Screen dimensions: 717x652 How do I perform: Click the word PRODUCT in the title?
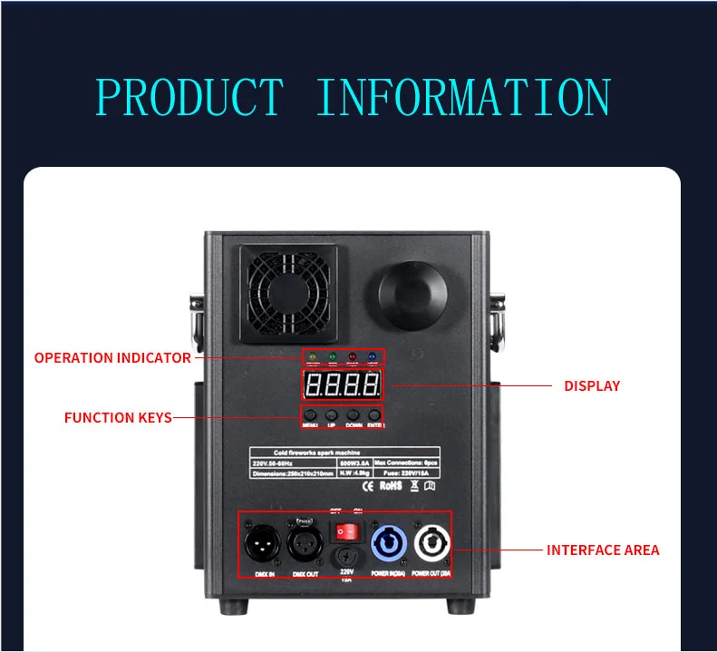pos(189,97)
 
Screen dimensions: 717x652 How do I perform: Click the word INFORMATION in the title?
pos(463,97)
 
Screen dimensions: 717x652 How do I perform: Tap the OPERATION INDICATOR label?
pos(112,357)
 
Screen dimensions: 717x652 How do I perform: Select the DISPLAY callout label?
pos(592,386)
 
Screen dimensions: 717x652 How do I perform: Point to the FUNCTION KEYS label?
pos(118,418)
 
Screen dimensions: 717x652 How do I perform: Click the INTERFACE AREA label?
pos(603,550)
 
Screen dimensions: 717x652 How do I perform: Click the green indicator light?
pos(332,356)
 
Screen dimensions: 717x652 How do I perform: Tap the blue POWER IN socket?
pos(388,546)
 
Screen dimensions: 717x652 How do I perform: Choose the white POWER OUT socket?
pos(431,546)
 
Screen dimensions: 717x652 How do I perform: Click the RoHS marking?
pos(391,486)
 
